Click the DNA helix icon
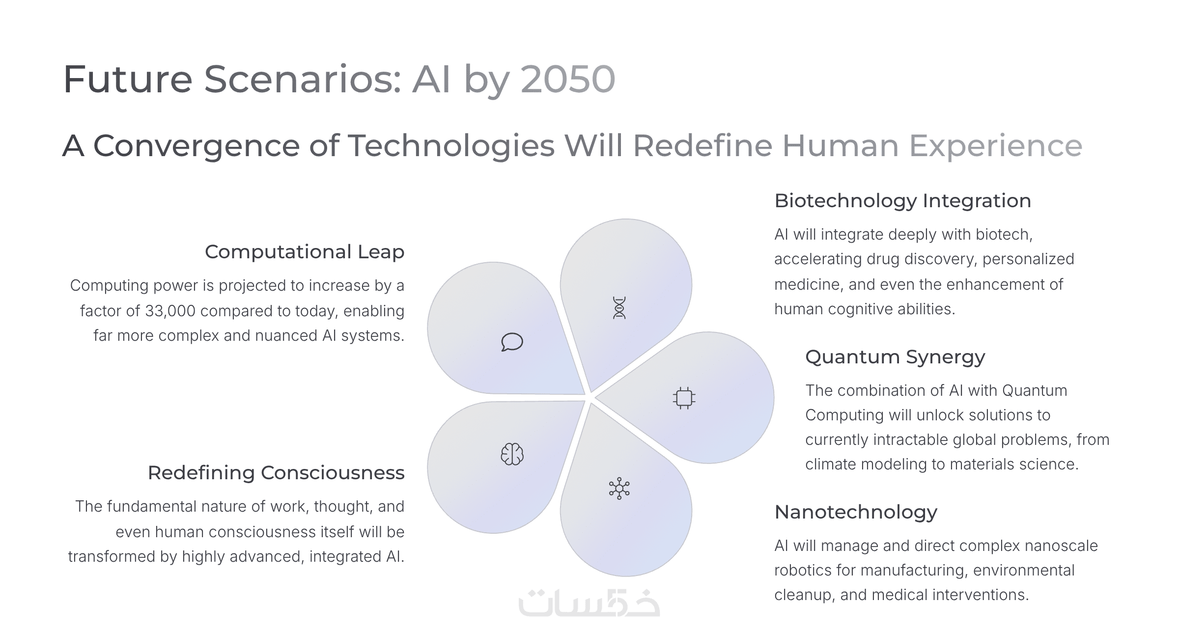coord(619,308)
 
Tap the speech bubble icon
coord(512,342)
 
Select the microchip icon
coord(684,398)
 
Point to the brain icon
coord(512,454)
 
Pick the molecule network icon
coord(619,488)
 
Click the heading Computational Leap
coord(305,252)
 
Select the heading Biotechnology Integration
coord(902,201)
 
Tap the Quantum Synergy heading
coord(895,357)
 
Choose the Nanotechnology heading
coord(856,512)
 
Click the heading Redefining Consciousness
coord(276,473)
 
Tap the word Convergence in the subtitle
coord(196,145)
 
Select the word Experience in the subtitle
coord(996,146)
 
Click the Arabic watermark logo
coord(589,603)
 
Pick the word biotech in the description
coord(1004,235)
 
